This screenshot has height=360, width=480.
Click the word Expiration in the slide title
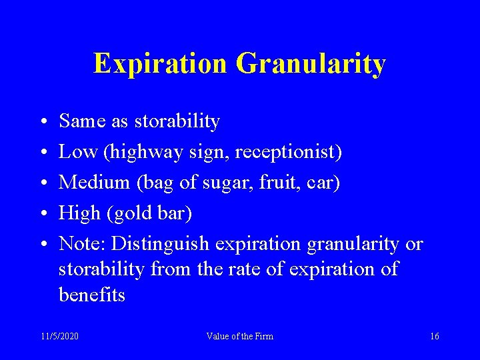(161, 63)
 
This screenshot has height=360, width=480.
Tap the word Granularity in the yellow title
(311, 64)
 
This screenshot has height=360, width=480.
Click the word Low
(78, 151)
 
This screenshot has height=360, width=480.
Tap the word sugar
(228, 183)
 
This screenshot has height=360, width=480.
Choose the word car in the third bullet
(324, 183)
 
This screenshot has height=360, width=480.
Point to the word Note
(80, 243)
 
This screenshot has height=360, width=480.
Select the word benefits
(92, 295)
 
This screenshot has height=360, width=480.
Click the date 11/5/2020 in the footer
(59, 336)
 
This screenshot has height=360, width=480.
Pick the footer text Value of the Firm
(240, 336)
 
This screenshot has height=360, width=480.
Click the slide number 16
(435, 336)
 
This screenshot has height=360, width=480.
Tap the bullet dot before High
(43, 214)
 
